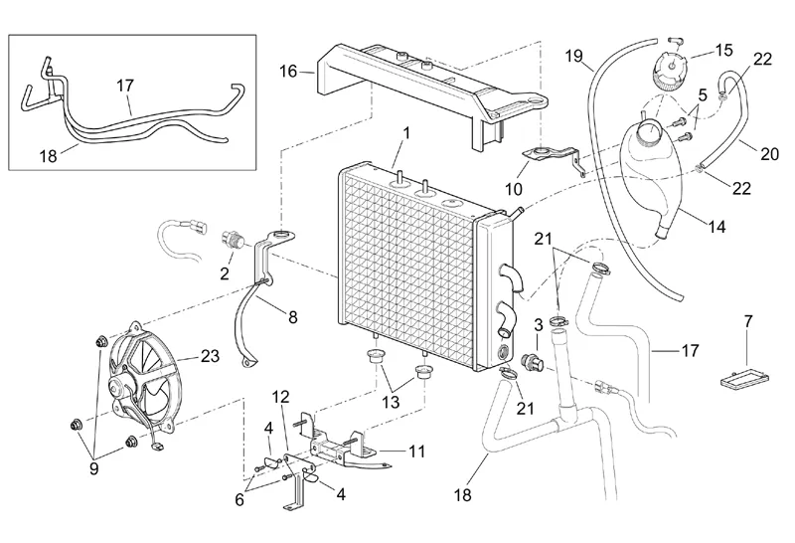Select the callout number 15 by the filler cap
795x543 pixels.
(x=722, y=49)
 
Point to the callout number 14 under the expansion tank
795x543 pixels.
(x=716, y=226)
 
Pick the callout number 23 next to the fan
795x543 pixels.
(x=210, y=355)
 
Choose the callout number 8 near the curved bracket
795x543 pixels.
(x=292, y=318)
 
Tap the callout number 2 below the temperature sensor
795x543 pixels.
(x=226, y=271)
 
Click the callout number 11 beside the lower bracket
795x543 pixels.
(x=416, y=451)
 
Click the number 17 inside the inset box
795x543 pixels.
(x=125, y=87)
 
